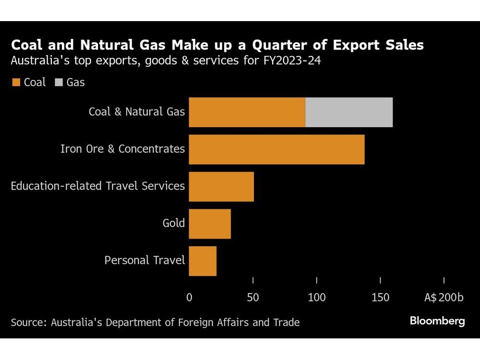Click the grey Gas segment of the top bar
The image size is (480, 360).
coord(349,112)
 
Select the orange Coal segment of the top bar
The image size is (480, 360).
coord(247,112)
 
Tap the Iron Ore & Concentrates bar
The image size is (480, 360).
coord(276,149)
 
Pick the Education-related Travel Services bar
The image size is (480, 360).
coord(221,186)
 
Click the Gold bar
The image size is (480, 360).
coord(210,224)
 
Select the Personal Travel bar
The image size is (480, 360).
coord(203,261)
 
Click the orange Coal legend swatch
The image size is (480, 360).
coord(16,83)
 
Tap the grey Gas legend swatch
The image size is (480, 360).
coord(59,83)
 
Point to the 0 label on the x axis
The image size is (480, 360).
coord(189,298)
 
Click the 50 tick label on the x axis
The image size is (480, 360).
coord(253,298)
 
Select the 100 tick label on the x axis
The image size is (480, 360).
coord(317,298)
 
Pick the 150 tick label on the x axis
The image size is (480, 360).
coord(380,298)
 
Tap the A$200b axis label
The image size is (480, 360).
coord(444,298)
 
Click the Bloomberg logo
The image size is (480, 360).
coord(437,321)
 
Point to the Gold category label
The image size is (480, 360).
coord(174,223)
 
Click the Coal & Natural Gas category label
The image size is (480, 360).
coord(137,112)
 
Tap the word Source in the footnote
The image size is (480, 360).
coord(26,322)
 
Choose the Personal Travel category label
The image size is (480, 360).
coord(144,261)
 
